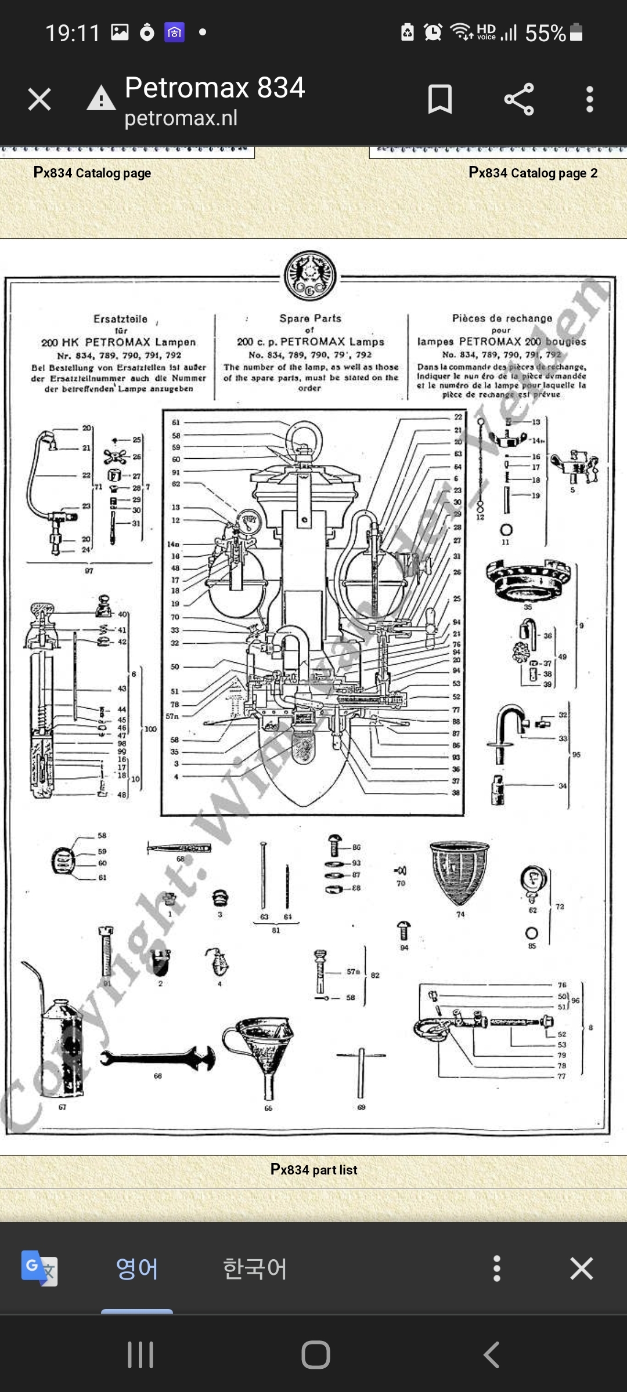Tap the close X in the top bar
(x=39, y=99)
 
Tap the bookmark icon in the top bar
(x=439, y=99)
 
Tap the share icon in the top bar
(x=518, y=99)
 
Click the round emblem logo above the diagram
(x=310, y=276)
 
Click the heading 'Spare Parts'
(x=310, y=318)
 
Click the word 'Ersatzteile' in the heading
(x=120, y=319)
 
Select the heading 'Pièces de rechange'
(x=502, y=318)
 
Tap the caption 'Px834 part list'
(x=313, y=1169)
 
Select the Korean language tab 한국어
(x=254, y=1268)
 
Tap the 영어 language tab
(x=136, y=1268)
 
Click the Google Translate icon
(x=39, y=1268)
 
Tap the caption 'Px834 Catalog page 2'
(x=532, y=173)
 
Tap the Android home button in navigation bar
(x=315, y=1355)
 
